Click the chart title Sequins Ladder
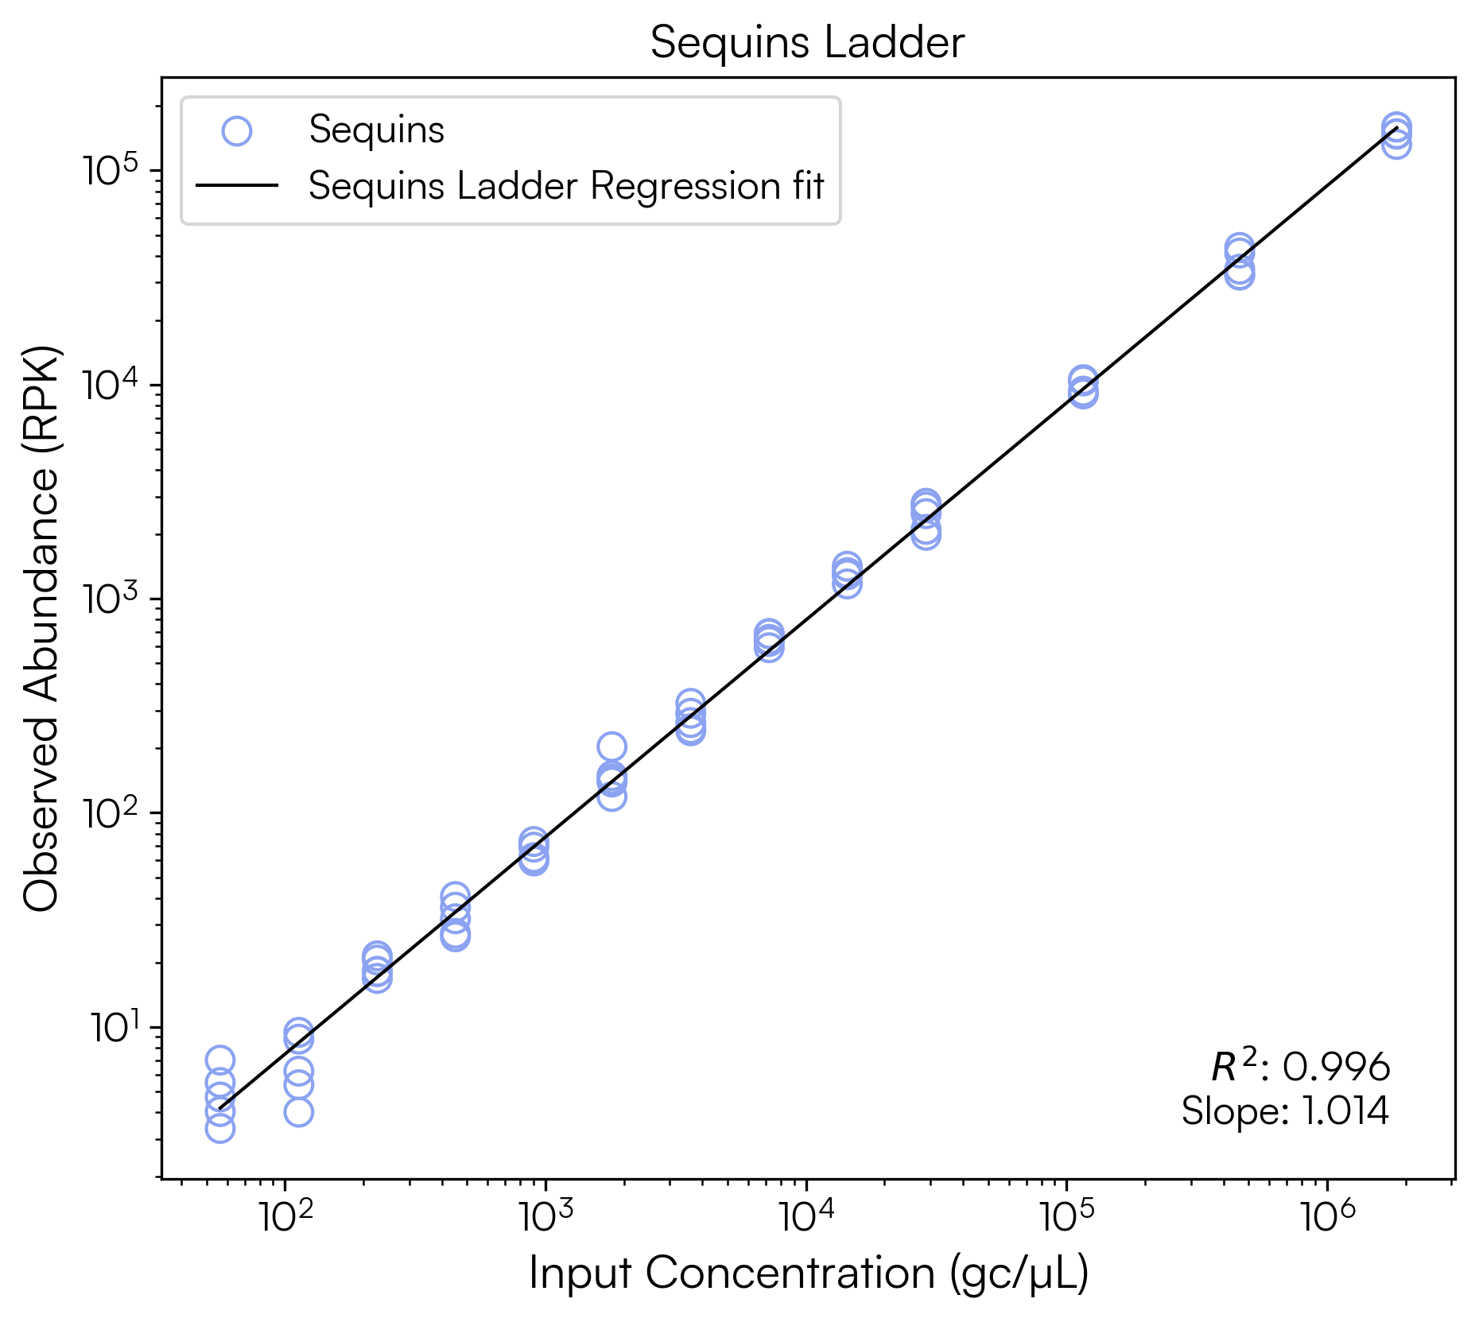(807, 42)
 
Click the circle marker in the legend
(237, 130)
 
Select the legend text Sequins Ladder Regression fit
(566, 186)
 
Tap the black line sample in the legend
(237, 186)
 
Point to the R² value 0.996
(1336, 1067)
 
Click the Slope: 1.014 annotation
(1285, 1111)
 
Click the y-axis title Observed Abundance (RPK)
(41, 628)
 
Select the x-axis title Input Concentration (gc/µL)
(808, 1273)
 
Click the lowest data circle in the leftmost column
(220, 1128)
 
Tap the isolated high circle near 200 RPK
(611, 746)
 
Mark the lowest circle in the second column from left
(298, 1111)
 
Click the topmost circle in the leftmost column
(220, 1060)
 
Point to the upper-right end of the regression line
(1396, 127)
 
